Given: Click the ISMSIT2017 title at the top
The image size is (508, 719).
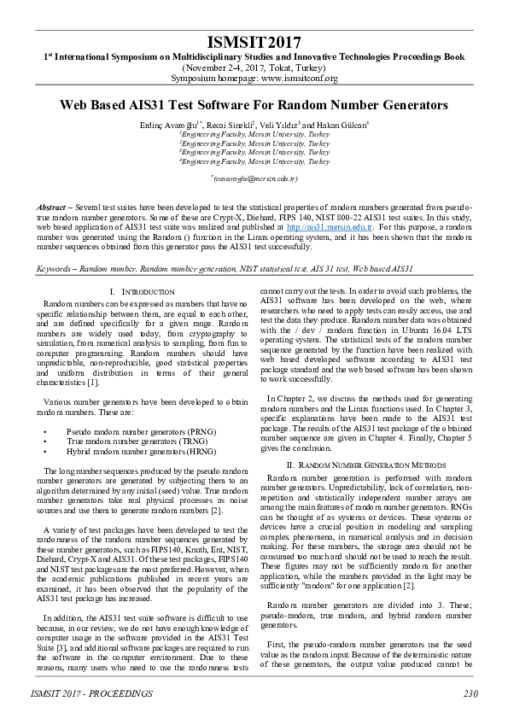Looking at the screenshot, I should pos(254,42).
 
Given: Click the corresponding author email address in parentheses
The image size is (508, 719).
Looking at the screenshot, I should pos(254,178).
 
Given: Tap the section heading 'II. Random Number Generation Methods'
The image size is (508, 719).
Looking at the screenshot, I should pos(366,465).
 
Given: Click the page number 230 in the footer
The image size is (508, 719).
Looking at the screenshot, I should pos(470,693).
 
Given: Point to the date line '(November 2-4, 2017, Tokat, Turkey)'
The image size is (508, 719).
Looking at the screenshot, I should pos(254,67).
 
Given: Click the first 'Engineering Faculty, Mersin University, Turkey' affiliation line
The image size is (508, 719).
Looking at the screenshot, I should pos(254,135).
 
